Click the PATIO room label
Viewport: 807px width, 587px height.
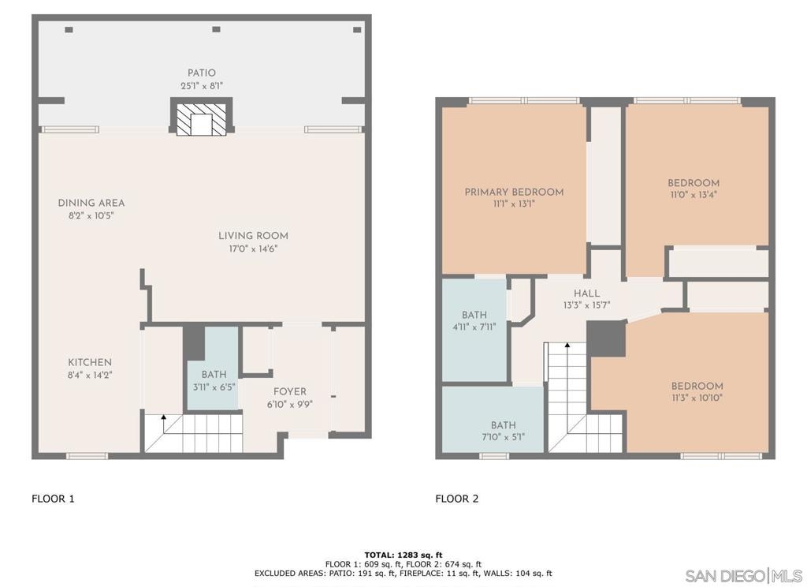[x=201, y=73]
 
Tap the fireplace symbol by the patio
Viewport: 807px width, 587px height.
[x=201, y=118]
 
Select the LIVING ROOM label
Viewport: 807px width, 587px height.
[x=253, y=236]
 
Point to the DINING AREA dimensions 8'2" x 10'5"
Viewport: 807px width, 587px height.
[x=91, y=216]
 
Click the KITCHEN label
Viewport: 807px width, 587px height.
[x=90, y=362]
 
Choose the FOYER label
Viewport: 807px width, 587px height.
[x=290, y=391]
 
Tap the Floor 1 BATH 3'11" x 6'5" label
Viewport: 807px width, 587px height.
[x=214, y=380]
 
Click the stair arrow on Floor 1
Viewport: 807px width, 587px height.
[x=164, y=424]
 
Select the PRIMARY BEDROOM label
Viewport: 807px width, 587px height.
[x=514, y=193]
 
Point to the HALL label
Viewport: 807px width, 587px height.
[x=586, y=293]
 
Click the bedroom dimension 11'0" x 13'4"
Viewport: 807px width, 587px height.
[x=694, y=195]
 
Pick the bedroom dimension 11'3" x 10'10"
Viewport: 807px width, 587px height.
[x=697, y=398]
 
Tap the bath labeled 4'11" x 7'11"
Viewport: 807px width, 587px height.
[x=474, y=320]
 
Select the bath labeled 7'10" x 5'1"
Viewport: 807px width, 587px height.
[x=503, y=431]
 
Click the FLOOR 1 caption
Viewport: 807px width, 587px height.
[x=53, y=499]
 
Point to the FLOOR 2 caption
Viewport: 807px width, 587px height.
[x=456, y=499]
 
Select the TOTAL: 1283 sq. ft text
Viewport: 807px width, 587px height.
[x=403, y=555]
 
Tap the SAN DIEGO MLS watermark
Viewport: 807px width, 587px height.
[x=744, y=576]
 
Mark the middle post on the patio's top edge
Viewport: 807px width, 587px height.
[x=216, y=29]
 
